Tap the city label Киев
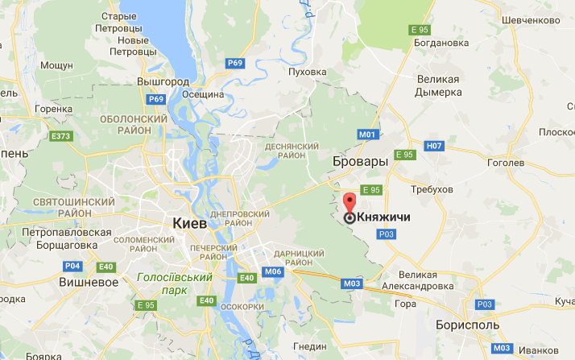pos(190,222)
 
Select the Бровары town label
pos(360,162)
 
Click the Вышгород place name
pos(161,82)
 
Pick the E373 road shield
pos(60,135)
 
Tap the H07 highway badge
pos(434,146)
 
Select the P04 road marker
pos(73,266)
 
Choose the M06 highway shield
pos(273,271)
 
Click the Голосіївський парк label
pos(174,284)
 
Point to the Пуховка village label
pos(308,72)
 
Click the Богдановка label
pos(439,43)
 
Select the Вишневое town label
pos(89,282)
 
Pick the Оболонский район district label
pos(134,126)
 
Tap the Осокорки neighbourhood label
pos(241,307)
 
